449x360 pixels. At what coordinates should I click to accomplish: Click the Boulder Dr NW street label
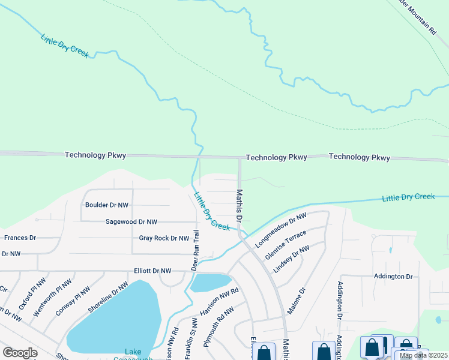pyautogui.click(x=107, y=205)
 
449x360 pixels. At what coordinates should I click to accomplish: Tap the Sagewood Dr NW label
pyautogui.click(x=131, y=221)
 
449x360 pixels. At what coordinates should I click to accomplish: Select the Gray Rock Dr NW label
pyautogui.click(x=164, y=238)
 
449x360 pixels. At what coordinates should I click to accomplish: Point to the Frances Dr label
pyautogui.click(x=20, y=238)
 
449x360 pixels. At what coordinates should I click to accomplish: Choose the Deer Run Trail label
pyautogui.click(x=196, y=250)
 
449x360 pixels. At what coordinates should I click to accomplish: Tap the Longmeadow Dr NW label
pyautogui.click(x=281, y=230)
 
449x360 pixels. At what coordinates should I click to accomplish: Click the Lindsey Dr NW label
pyautogui.click(x=291, y=259)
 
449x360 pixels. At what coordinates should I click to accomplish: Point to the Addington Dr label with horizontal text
pyautogui.click(x=393, y=277)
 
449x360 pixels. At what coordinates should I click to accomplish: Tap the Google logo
pyautogui.click(x=20, y=352)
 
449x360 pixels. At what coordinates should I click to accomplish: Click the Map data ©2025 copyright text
pyautogui.click(x=423, y=355)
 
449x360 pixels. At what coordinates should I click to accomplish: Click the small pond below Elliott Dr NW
pyautogui.click(x=211, y=282)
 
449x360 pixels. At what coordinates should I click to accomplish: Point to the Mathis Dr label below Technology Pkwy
pyautogui.click(x=239, y=206)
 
